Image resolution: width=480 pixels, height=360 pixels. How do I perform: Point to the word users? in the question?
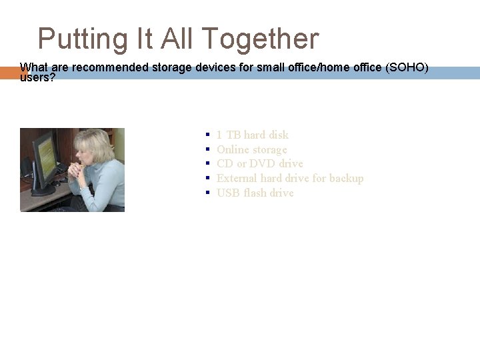tap(37, 78)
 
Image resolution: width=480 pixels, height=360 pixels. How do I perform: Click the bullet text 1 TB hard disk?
tap(252, 135)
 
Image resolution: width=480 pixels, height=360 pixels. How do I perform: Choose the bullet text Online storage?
tap(251, 149)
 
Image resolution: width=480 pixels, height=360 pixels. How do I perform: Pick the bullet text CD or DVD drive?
tap(259, 163)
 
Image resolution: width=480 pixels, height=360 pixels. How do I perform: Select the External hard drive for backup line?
tap(289, 178)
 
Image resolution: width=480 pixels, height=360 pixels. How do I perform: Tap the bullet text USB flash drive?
tap(255, 193)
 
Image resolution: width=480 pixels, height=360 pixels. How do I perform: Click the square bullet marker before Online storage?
tap(209, 149)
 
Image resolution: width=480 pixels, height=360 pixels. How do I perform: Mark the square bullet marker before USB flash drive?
tap(209, 193)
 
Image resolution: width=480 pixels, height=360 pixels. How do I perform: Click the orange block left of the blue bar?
tap(9, 73)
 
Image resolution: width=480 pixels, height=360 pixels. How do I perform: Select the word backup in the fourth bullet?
tap(345, 178)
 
